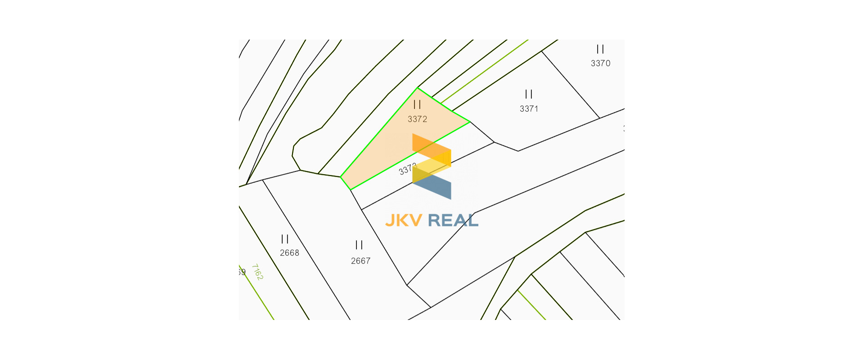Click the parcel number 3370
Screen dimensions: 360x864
coord(600,63)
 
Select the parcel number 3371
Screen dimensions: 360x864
coord(529,109)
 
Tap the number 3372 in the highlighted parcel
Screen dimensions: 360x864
coord(417,119)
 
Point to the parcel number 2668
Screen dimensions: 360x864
coord(289,253)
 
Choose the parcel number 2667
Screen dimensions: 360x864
coord(360,261)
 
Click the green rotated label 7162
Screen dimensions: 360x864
coord(257,272)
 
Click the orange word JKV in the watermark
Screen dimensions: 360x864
coord(404,220)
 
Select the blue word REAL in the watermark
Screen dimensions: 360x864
coord(453,220)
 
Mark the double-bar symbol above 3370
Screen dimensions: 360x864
coord(600,49)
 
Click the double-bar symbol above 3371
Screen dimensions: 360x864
coord(529,94)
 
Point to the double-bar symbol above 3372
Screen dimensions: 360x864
coord(417,104)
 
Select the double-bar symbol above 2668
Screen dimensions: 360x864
coord(285,239)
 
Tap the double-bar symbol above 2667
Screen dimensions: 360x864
coord(359,245)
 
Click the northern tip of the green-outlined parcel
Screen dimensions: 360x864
coord(418,88)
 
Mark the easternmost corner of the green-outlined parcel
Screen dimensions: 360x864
coord(469,121)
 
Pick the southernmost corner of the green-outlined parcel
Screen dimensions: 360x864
coord(351,189)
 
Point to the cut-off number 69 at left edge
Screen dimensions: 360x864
coord(242,272)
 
